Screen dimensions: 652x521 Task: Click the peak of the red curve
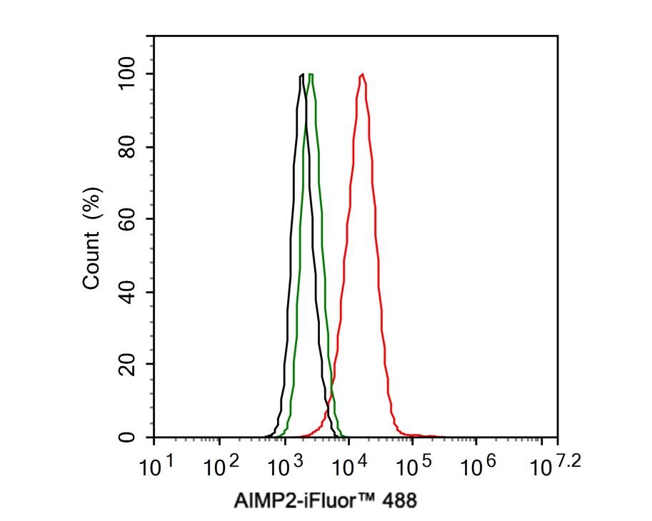coord(363,74)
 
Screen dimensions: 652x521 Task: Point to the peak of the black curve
coord(302,74)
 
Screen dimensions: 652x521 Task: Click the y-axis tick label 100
coord(127,74)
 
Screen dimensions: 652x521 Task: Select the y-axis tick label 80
coord(127,147)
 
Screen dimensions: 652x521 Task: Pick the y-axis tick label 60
coord(127,219)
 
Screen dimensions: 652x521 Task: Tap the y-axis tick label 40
coord(127,292)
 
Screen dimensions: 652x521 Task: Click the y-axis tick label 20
coord(127,364)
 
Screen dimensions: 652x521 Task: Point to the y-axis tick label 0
coord(127,437)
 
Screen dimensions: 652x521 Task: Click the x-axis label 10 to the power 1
coord(156,465)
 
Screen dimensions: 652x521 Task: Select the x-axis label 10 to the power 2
coord(221,465)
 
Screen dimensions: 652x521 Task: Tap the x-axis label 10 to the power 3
coord(285,465)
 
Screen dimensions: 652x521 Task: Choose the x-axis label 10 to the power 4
coord(350,465)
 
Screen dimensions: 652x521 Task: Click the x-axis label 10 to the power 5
coord(413,465)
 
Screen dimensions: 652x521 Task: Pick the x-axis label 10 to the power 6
coord(478,465)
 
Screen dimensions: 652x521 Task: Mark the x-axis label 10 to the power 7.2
coord(555,465)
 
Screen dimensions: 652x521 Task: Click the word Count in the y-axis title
coord(91,260)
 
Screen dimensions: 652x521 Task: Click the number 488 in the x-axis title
coord(400,500)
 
